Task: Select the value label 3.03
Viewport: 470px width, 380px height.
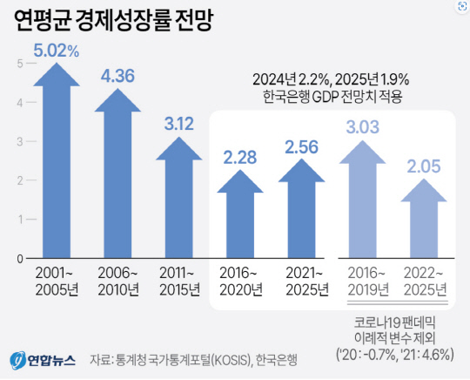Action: click(363, 129)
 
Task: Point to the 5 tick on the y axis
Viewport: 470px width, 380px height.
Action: click(19, 64)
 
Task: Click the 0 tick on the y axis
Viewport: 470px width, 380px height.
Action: click(19, 259)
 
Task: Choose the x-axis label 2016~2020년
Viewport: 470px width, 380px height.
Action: click(241, 281)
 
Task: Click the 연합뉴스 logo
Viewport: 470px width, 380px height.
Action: click(43, 359)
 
